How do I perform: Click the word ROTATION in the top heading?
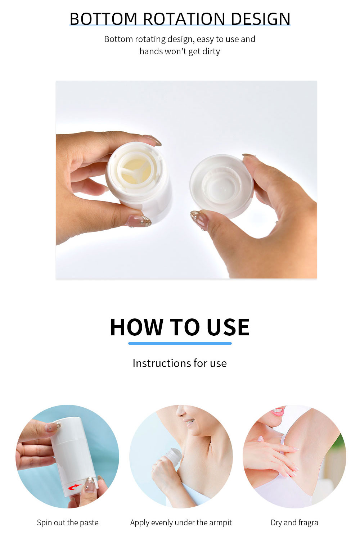[x=184, y=19]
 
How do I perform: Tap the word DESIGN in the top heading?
[x=261, y=19]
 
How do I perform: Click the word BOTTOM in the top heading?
[x=103, y=19]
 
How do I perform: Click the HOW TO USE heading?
[x=180, y=327]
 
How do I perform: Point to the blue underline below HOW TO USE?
[x=180, y=344]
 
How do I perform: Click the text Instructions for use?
[x=180, y=363]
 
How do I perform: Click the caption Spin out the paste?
[x=68, y=522]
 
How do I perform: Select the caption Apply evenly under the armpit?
[x=181, y=522]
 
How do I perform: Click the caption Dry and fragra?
[x=294, y=522]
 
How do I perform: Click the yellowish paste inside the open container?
[x=136, y=171]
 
